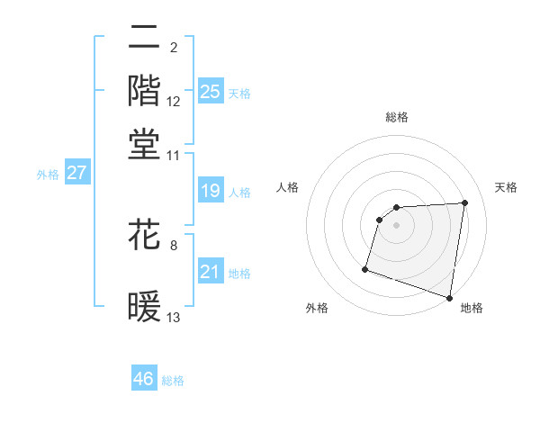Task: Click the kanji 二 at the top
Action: click(x=144, y=39)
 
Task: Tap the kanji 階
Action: click(x=144, y=91)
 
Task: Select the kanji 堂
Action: click(x=144, y=144)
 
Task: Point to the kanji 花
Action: click(x=144, y=234)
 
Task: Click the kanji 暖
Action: click(x=144, y=307)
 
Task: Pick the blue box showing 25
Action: click(x=210, y=91)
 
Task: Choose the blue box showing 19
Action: click(x=210, y=191)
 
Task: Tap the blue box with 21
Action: click(x=210, y=272)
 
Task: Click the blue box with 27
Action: click(x=76, y=173)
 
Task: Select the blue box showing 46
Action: click(x=143, y=379)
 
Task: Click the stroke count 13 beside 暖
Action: click(x=174, y=318)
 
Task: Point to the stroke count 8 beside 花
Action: click(x=173, y=245)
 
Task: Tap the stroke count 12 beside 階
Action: click(x=174, y=102)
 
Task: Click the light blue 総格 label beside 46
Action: click(x=173, y=381)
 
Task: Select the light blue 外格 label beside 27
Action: click(x=48, y=175)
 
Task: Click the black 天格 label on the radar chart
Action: click(x=506, y=187)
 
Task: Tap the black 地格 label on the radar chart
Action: click(x=472, y=308)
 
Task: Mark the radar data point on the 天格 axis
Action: click(x=464, y=203)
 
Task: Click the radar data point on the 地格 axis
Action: click(x=449, y=298)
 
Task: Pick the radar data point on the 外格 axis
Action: click(x=365, y=268)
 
